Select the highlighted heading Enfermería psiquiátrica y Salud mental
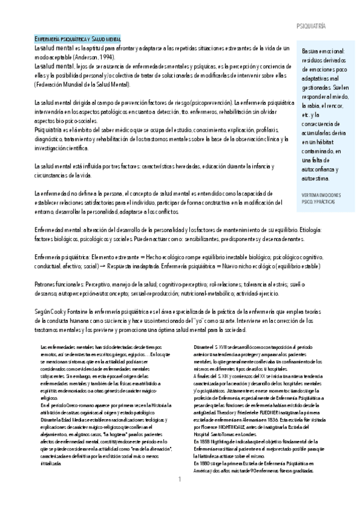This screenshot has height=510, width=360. pyautogui.click(x=78, y=38)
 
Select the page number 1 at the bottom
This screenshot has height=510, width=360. pyautogui.click(x=180, y=496)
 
